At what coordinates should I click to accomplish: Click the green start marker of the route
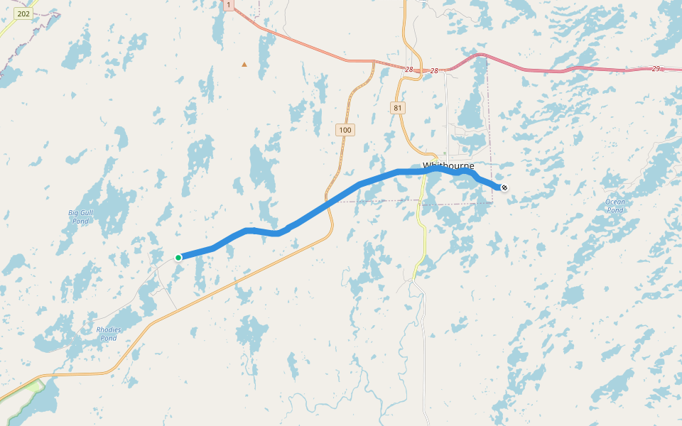tap(178, 257)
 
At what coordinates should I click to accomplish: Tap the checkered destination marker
tap(504, 187)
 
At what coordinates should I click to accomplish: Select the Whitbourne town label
tap(448, 166)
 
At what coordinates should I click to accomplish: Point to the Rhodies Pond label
tap(108, 334)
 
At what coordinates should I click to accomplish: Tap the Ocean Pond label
tap(615, 206)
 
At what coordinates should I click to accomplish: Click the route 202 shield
tap(23, 13)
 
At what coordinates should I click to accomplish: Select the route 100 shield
tap(345, 130)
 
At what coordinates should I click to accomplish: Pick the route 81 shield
tap(397, 108)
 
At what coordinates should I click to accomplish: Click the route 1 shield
tap(228, 5)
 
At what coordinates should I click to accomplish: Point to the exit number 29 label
tap(656, 68)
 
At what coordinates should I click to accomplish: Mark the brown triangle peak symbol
tap(244, 65)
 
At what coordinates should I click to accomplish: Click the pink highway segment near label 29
tap(604, 70)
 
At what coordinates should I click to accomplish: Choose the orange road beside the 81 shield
tap(402, 124)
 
